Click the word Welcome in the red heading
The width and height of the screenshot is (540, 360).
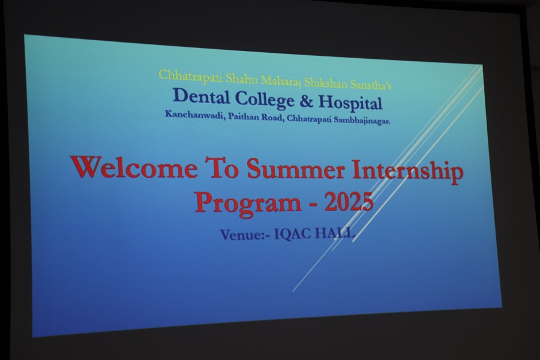(134, 167)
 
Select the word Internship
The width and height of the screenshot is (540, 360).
(408, 171)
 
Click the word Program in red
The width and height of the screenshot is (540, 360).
(248, 203)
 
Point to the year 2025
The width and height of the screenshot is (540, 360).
(349, 202)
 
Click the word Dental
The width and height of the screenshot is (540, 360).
(201, 96)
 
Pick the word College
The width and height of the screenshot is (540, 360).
(265, 100)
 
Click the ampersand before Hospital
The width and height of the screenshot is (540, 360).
(306, 101)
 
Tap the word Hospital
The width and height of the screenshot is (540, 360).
(350, 103)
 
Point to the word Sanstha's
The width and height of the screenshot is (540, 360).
(371, 85)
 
